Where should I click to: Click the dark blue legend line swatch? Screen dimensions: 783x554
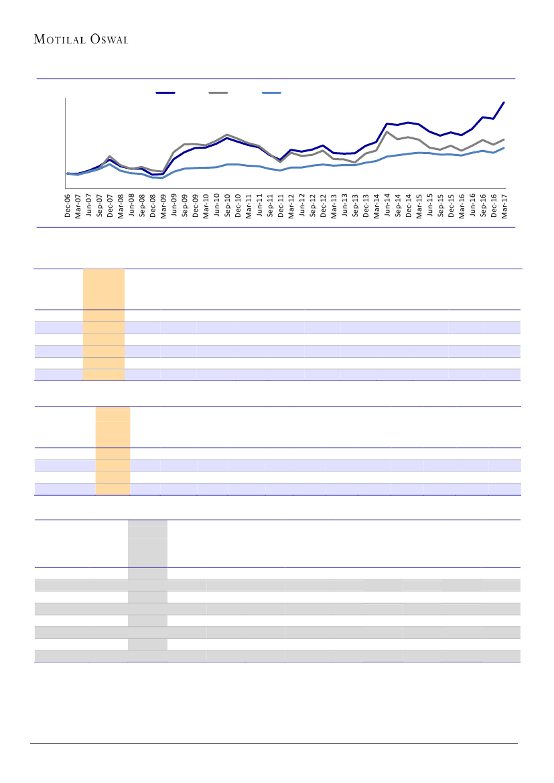tap(165, 92)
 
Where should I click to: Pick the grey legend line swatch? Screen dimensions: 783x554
tap(218, 92)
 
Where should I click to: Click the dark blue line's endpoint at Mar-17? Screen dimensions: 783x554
tap(504, 102)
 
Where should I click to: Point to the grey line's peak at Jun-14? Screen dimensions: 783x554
tap(387, 131)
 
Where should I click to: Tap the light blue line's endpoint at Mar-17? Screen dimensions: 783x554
tap(504, 148)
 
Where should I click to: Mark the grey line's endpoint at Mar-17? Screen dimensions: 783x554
tap(504, 139)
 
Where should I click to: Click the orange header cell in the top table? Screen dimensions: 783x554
tap(103, 289)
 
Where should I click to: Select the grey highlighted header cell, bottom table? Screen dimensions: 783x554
tap(147, 543)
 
